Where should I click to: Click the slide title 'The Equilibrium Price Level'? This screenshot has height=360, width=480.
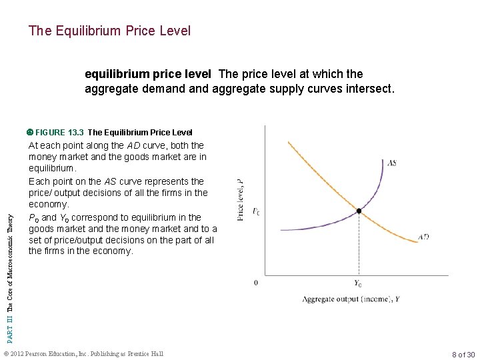tap(109, 31)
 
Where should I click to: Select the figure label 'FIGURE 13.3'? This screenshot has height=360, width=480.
tap(59, 132)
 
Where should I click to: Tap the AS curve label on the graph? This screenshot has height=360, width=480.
tap(391, 163)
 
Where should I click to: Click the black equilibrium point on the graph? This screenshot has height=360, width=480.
tap(359, 211)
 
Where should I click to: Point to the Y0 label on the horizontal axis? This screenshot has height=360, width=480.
tap(358, 283)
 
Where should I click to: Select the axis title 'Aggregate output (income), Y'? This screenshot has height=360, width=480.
tap(351, 299)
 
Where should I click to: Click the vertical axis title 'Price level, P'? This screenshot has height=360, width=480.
tap(240, 199)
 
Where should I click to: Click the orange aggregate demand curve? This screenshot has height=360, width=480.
tap(320, 173)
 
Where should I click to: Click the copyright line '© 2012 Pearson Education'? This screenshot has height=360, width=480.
tap(83, 353)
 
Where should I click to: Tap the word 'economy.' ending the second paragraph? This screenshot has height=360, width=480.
tap(49, 205)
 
